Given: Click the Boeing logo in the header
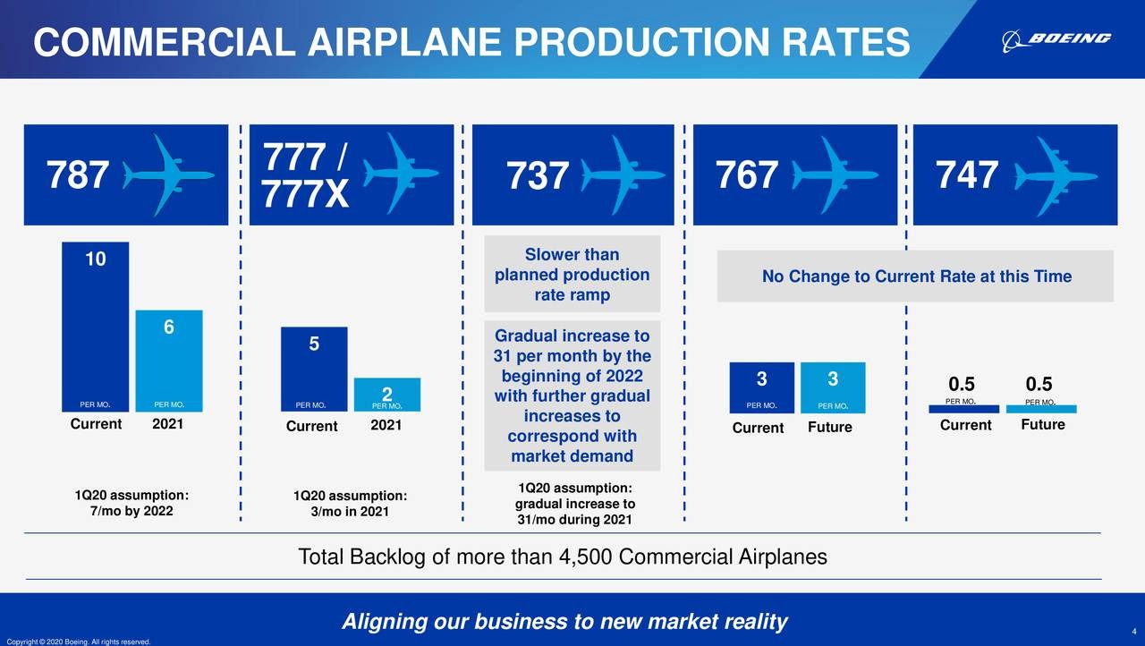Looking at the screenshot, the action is [1056, 40].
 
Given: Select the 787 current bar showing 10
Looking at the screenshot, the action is [95, 327].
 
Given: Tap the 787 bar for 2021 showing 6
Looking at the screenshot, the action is [169, 361].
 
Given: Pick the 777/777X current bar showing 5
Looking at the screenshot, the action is [314, 369].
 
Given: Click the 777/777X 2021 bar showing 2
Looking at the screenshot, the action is [387, 395].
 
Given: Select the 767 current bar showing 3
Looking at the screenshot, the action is [761, 387].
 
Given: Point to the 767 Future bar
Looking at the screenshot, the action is [833, 387].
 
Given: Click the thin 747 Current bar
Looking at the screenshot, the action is [963, 409].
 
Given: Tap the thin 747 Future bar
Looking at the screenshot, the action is [1041, 409].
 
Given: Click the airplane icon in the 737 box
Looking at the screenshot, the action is [623, 174].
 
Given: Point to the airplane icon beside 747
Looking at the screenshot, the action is [1056, 176].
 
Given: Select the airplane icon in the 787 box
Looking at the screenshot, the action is [168, 174].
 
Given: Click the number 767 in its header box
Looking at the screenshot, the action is [746, 174].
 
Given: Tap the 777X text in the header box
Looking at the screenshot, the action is [305, 194].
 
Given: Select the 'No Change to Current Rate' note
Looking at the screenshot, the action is [915, 276].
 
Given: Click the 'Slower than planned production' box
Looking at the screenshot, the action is [572, 274].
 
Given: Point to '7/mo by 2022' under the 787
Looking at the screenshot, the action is [131, 511].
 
